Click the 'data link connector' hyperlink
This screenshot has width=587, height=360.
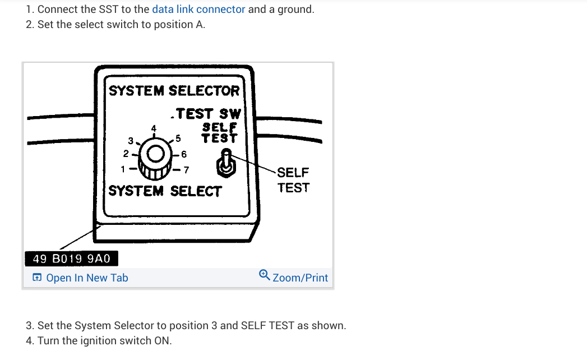click(198, 10)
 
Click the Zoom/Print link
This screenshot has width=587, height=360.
click(300, 278)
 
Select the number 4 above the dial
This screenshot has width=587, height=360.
click(154, 128)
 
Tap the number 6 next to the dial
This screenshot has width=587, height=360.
click(184, 154)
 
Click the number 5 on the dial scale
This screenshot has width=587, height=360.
click(178, 137)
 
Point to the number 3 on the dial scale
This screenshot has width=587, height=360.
click(131, 140)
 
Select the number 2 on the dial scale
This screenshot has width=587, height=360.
click(126, 153)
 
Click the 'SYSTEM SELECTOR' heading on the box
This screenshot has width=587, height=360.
click(174, 91)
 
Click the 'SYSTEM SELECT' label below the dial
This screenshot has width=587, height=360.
click(165, 191)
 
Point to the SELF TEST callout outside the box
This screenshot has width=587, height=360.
click(293, 180)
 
